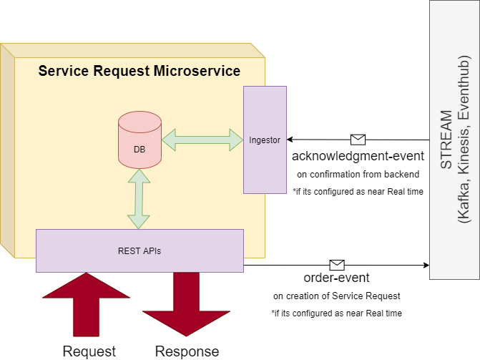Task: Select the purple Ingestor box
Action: coord(265,140)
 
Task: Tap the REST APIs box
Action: coord(139,250)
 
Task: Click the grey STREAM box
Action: coord(454,140)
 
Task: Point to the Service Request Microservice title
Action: coord(139,71)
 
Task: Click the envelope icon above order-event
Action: coord(337,265)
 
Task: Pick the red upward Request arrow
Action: coord(86,303)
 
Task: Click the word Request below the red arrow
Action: coord(89,351)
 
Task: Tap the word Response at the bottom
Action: coord(187,351)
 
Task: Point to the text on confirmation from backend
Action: coord(357,174)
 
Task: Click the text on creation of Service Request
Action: coord(336,296)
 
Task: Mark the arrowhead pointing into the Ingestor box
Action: coord(290,140)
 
